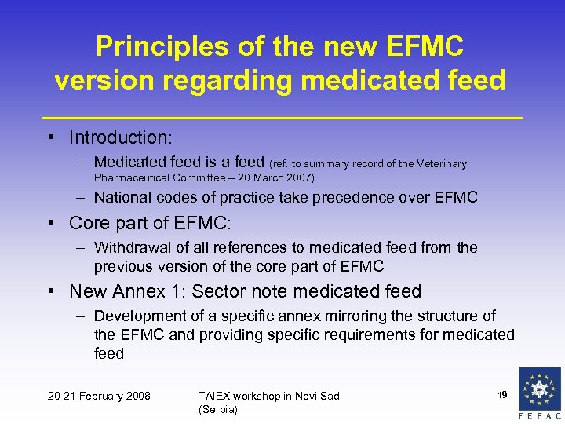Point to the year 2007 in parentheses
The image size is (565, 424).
pos(298,178)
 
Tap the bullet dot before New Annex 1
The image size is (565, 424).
pos(51,292)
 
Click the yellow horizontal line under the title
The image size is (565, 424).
pos(282,117)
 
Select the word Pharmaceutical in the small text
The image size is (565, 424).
pos(133,178)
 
